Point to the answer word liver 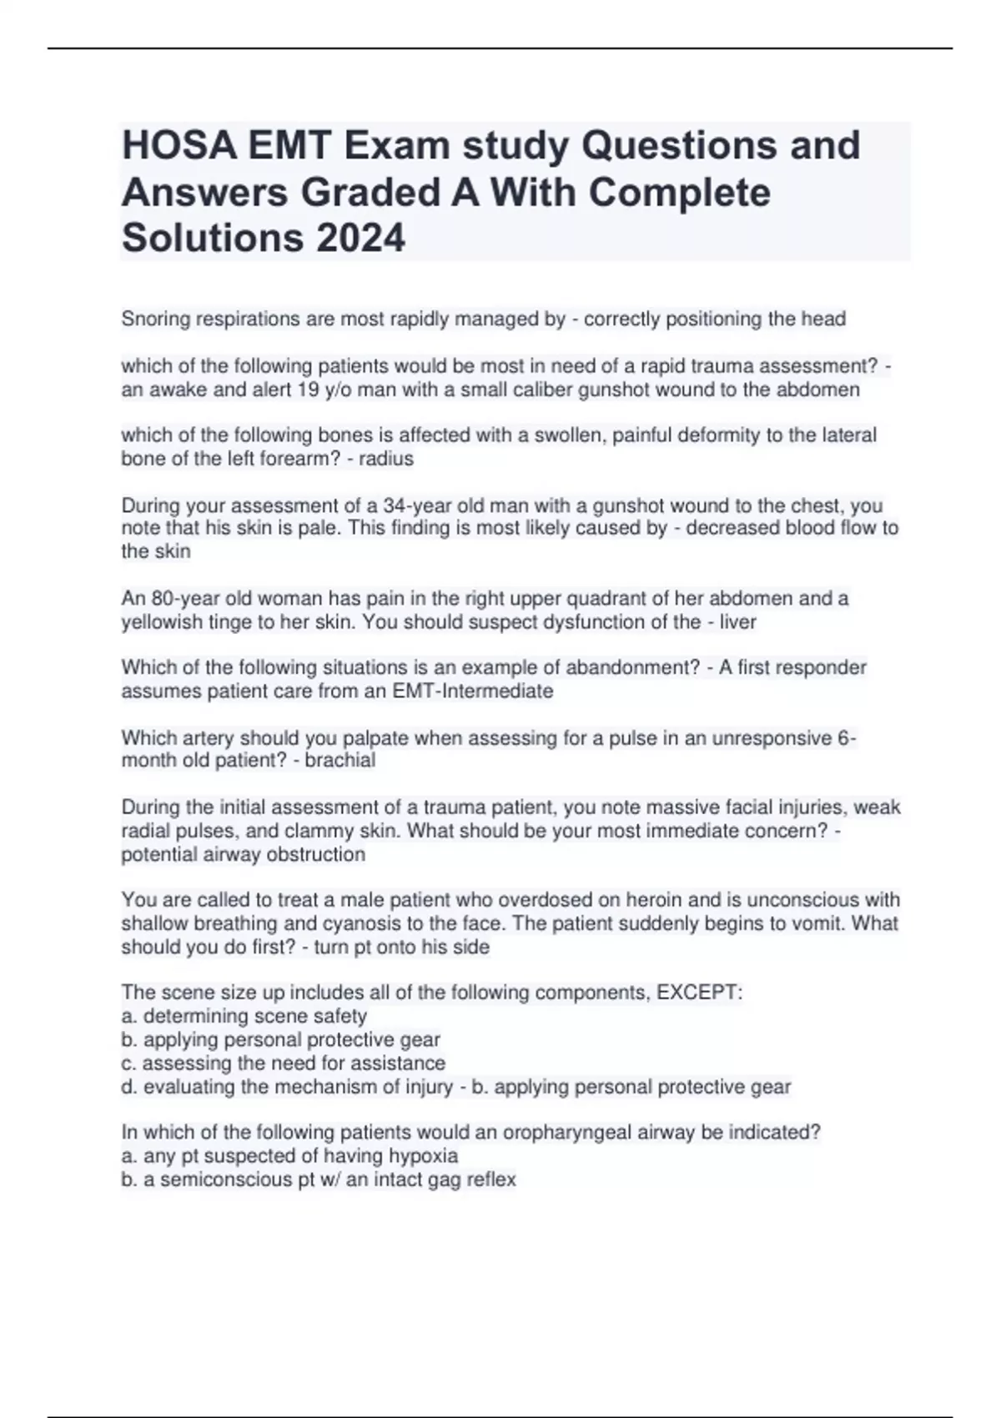737,622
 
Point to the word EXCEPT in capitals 699,993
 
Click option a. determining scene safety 244,1016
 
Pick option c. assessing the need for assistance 284,1063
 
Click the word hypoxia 426,1156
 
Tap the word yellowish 162,622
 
